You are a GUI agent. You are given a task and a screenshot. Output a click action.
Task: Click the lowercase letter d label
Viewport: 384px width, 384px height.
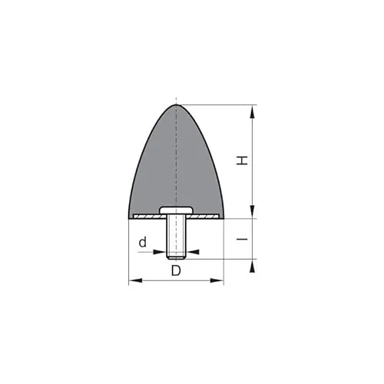142,243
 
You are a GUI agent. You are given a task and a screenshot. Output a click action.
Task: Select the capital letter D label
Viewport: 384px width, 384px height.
176,271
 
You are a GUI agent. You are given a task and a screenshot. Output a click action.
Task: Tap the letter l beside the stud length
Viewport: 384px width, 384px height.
242,240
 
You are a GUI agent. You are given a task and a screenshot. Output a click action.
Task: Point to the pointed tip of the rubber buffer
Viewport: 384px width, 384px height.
176,105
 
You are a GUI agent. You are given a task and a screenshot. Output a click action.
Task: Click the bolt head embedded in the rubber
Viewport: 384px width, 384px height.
176,210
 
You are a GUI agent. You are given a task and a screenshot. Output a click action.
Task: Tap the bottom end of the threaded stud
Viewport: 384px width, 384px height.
176,257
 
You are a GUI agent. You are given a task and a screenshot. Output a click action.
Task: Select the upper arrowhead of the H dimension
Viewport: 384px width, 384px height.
253,110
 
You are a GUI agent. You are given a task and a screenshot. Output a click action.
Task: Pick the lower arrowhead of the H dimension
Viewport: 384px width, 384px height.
253,214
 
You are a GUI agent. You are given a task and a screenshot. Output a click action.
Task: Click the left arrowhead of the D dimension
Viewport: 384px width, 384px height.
133,281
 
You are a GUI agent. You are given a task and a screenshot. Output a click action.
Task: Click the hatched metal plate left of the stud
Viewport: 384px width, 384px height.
146,217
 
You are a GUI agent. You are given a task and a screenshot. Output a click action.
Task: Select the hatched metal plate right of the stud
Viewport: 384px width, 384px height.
205,217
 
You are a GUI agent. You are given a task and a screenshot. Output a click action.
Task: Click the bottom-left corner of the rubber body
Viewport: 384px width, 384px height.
129,219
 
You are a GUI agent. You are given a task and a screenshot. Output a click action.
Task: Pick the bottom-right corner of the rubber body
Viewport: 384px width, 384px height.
223,219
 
